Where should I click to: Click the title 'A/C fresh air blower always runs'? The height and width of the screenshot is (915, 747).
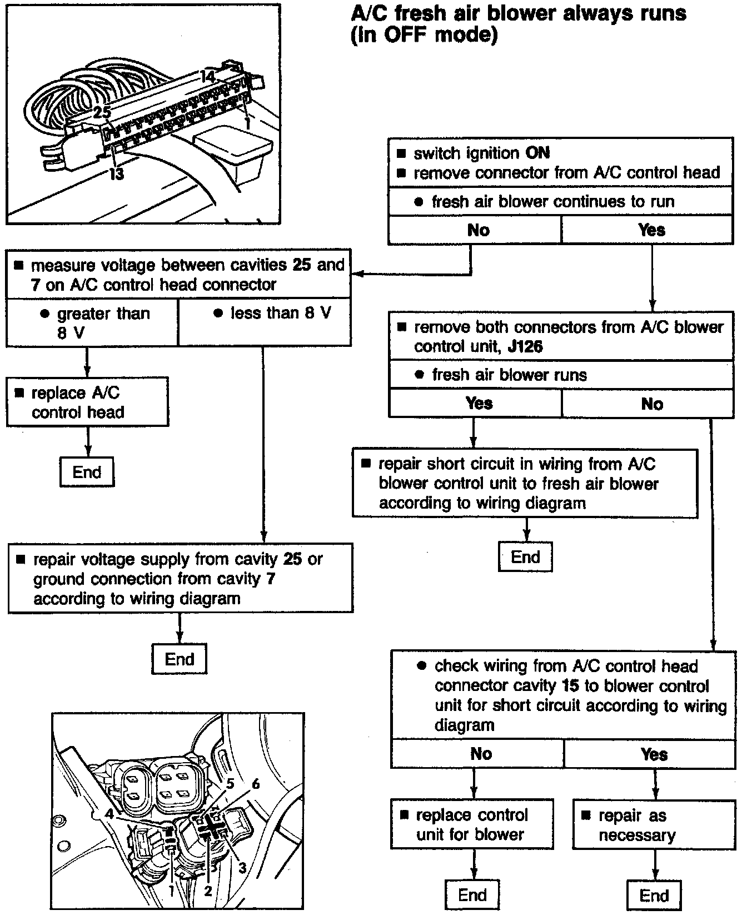pyautogui.click(x=519, y=13)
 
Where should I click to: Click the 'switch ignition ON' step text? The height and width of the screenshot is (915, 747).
pyautogui.click(x=482, y=153)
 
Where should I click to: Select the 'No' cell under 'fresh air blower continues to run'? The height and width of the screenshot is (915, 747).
pyautogui.click(x=478, y=230)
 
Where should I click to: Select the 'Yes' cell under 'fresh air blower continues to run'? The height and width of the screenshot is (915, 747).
pyautogui.click(x=651, y=230)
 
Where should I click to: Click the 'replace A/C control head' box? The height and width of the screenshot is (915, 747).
pyautogui.click(x=87, y=402)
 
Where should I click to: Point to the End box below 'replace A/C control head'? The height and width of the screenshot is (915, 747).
pyautogui.click(x=87, y=472)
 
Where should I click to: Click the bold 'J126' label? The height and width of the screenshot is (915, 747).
pyautogui.click(x=525, y=347)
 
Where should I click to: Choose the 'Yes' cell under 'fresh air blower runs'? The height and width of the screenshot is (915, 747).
pyautogui.click(x=479, y=403)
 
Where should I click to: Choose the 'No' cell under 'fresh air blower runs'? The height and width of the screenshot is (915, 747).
pyautogui.click(x=651, y=404)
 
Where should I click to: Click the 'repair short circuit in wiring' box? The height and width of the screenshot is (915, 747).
pyautogui.click(x=525, y=484)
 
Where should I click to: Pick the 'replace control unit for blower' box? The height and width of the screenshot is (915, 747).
pyautogui.click(x=472, y=824)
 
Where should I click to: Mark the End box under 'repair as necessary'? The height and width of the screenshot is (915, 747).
pyautogui.click(x=654, y=895)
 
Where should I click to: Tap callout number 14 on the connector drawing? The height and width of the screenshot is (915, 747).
pyautogui.click(x=207, y=77)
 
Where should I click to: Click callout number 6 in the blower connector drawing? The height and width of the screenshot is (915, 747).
pyautogui.click(x=255, y=783)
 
